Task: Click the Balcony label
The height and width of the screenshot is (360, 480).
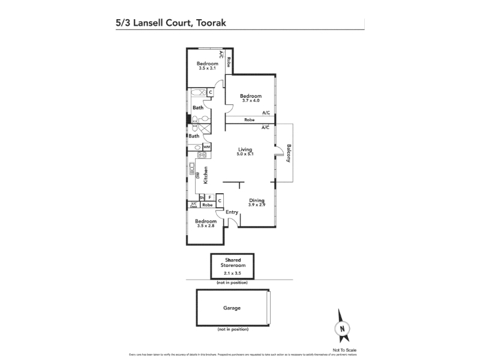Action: coord(289,154)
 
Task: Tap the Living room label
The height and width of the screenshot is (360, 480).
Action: coord(244,149)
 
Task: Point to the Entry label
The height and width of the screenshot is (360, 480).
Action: coord(232,212)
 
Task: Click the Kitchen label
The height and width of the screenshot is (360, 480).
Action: coord(205,175)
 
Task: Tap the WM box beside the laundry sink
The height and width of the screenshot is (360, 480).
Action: coord(206,146)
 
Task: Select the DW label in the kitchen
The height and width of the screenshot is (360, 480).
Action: coord(197,175)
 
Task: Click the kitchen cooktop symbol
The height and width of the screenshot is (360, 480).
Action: coord(202,155)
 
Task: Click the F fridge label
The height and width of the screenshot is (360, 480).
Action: coord(209,197)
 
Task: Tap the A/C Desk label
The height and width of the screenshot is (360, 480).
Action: coord(193,205)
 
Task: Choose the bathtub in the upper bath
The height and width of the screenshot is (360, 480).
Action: coord(197,92)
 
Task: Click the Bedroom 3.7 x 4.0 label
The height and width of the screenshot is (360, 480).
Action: coord(251,98)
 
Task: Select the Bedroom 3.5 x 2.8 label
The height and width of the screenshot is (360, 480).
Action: coord(206,223)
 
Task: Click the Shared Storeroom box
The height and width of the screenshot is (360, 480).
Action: coord(232,266)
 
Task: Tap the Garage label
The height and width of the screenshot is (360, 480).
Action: coord(232,308)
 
